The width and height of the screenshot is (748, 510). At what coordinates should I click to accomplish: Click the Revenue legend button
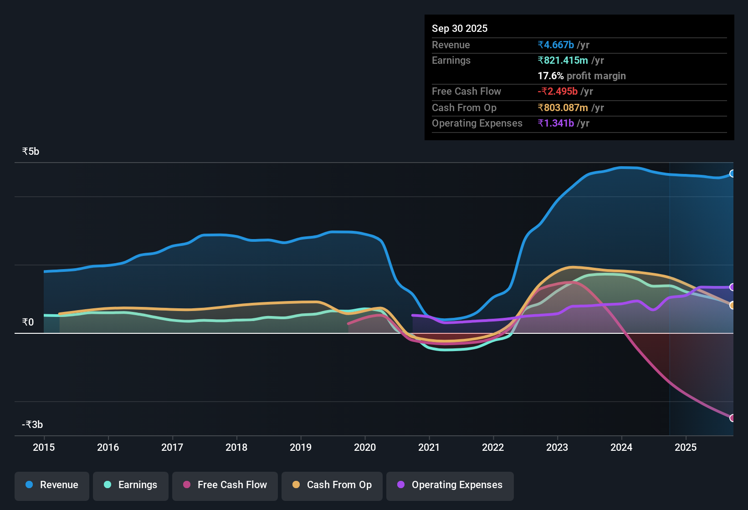click(x=52, y=485)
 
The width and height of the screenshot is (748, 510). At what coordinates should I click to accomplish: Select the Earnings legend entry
click(x=131, y=485)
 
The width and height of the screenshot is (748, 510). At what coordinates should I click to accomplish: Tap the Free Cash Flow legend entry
click(x=225, y=485)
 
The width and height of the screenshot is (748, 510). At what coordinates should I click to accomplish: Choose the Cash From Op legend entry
click(x=332, y=485)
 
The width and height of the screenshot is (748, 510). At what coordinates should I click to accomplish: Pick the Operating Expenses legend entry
click(x=450, y=485)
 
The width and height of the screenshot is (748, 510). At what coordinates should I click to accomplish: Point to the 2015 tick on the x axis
click(x=44, y=447)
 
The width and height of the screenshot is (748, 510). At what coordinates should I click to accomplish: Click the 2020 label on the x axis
click(x=365, y=447)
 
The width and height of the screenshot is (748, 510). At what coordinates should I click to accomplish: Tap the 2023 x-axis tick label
click(x=557, y=447)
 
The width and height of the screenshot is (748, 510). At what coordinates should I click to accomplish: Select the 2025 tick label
click(x=686, y=447)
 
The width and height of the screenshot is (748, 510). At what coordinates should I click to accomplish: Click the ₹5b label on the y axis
click(x=31, y=152)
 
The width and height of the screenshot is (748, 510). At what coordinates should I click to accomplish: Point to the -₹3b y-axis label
click(x=32, y=425)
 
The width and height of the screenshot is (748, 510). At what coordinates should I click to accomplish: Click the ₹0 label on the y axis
click(x=28, y=322)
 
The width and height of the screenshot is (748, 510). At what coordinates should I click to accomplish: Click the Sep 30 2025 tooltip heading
click(x=460, y=29)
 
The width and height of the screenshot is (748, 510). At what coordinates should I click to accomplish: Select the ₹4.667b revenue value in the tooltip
click(x=556, y=45)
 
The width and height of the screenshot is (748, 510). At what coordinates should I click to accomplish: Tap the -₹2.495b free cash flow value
click(x=558, y=92)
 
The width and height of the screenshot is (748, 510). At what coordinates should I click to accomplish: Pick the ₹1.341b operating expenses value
click(x=556, y=123)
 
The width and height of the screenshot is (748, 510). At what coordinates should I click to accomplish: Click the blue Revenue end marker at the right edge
click(x=732, y=173)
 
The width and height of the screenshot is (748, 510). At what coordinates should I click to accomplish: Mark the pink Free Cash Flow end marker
click(x=732, y=418)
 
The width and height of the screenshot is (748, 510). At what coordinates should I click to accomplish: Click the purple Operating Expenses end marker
click(x=732, y=287)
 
